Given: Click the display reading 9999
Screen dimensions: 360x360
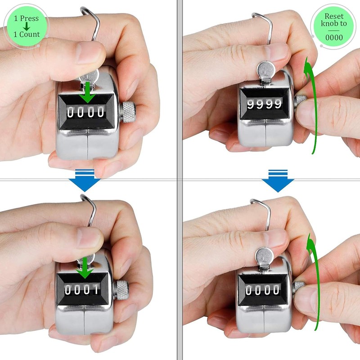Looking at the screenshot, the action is pos(264,104).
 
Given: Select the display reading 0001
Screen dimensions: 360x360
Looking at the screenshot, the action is pos(82,289).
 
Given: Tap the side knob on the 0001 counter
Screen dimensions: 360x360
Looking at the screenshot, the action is pos(122,289).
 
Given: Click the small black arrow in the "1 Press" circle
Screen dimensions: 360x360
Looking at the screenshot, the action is pos(27,26).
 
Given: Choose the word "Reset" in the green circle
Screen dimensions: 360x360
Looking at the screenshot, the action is pos(334,16).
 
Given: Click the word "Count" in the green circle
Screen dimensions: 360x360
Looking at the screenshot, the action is pos(30,34).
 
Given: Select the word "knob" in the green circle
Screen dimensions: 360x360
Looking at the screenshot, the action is pos(329,24).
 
